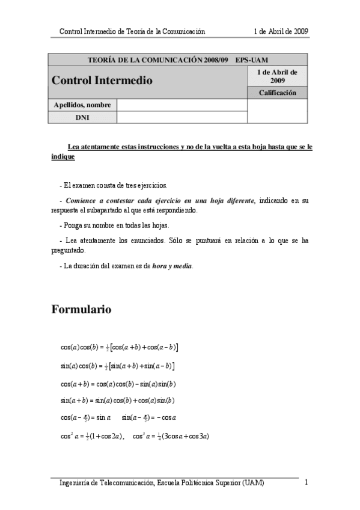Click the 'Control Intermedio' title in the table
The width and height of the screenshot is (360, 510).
tap(102, 80)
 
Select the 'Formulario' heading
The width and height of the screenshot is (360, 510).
tap(81, 310)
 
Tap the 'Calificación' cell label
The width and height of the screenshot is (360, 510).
tap(278, 93)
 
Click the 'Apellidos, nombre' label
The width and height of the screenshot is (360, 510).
tap(82, 105)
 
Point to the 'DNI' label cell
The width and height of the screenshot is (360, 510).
tap(82, 117)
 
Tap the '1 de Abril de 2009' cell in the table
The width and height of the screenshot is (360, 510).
tap(278, 76)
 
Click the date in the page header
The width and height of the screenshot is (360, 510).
tap(281, 31)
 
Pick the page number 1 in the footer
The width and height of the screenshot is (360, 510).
tap(307, 482)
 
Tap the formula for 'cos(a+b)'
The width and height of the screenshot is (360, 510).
tap(118, 384)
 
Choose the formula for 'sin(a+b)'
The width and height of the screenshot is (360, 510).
tap(118, 400)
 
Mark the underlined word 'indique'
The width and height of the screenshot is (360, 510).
tap(63, 156)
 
